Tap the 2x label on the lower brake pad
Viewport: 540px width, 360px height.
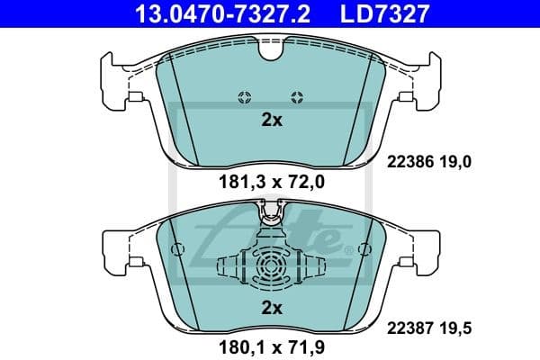coord(271,309)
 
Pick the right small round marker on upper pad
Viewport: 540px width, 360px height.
coord(298,97)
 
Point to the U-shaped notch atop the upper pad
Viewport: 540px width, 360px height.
coord(271,52)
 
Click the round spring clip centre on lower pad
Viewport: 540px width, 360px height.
coord(271,267)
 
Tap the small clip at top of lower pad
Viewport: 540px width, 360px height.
coord(271,214)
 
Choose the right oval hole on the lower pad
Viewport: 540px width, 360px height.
coord(365,248)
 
